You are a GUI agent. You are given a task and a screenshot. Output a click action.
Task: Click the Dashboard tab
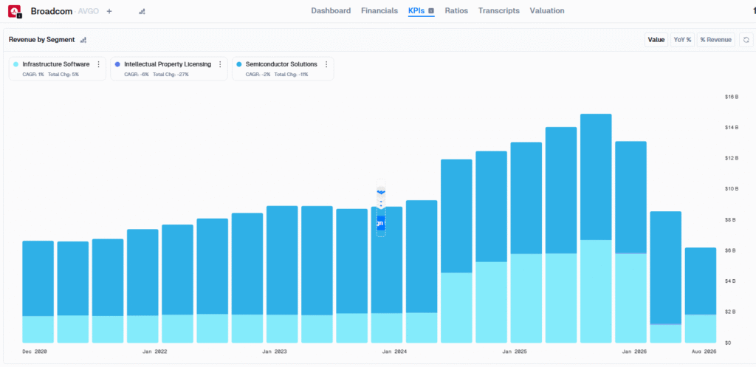click(331, 11)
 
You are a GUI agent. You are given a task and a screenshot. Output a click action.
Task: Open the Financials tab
click(379, 11)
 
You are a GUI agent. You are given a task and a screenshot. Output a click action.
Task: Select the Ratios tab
click(456, 11)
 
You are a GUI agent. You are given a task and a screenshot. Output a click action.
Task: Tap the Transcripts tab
click(498, 11)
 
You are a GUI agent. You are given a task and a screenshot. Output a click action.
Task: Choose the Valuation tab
click(547, 11)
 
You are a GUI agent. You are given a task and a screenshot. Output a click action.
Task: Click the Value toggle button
click(656, 40)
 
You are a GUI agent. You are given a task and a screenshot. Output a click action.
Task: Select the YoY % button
click(682, 40)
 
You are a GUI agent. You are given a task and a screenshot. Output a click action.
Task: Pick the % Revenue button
click(716, 40)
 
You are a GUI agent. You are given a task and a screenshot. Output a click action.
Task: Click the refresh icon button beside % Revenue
click(746, 40)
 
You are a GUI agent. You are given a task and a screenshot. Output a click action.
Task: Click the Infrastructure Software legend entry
click(56, 64)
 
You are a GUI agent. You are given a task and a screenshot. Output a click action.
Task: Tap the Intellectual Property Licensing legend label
click(168, 64)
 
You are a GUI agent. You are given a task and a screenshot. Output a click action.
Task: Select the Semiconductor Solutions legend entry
click(281, 64)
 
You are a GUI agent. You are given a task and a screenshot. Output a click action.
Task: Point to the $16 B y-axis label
click(732, 97)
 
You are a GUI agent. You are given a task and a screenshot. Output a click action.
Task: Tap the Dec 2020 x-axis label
click(35, 351)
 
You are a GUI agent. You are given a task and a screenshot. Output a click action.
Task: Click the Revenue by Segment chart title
click(42, 40)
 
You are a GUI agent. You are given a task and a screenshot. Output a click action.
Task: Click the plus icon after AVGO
click(109, 12)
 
